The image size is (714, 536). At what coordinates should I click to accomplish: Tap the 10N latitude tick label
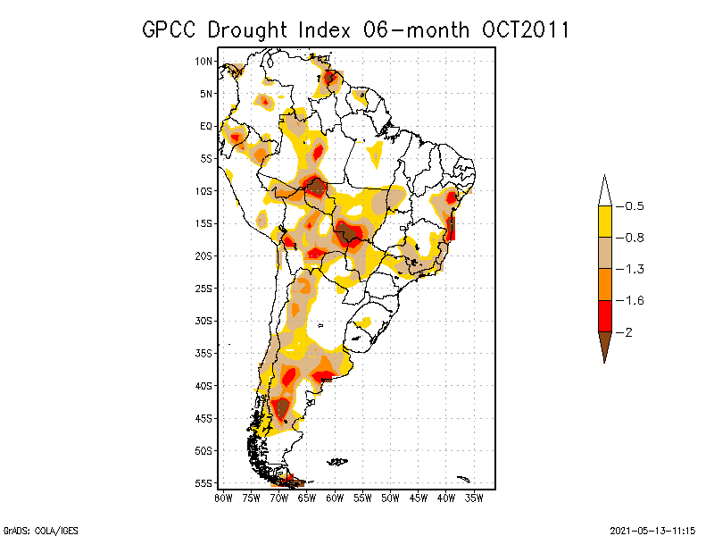[204, 61]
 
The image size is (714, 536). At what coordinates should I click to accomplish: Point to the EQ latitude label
[206, 126]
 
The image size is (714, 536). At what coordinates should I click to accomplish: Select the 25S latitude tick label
[204, 289]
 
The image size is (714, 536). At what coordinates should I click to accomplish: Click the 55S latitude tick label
[204, 483]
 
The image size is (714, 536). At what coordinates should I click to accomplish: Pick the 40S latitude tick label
[204, 386]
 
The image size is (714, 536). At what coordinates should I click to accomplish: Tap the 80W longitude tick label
[223, 497]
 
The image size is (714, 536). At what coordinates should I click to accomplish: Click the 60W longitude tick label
[335, 497]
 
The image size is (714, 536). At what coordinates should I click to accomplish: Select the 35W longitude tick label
[474, 497]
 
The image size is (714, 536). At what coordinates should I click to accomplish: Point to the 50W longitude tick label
[390, 497]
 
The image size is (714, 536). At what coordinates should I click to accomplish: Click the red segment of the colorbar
[604, 315]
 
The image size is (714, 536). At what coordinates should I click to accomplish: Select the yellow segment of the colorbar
[604, 222]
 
